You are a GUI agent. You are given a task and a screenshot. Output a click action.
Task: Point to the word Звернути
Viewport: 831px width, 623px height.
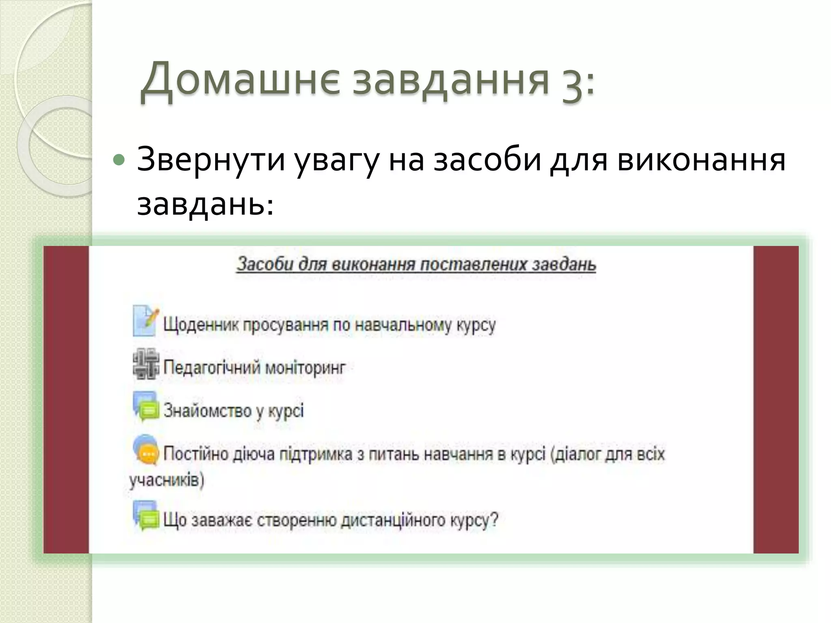211,159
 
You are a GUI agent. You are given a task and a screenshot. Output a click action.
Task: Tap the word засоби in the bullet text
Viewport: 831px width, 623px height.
487,159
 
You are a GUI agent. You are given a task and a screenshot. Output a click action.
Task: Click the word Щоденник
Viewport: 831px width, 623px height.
201,326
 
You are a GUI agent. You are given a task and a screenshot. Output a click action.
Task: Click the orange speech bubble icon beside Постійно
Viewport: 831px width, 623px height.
146,450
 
